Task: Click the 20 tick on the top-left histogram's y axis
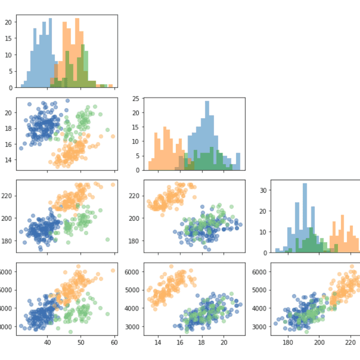[8, 22]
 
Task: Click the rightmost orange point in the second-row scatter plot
[113, 136]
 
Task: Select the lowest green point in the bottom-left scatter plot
[71, 332]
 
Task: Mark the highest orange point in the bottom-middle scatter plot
[171, 266]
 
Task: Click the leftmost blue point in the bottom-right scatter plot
[276, 324]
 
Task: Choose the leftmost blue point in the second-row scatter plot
[21, 148]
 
